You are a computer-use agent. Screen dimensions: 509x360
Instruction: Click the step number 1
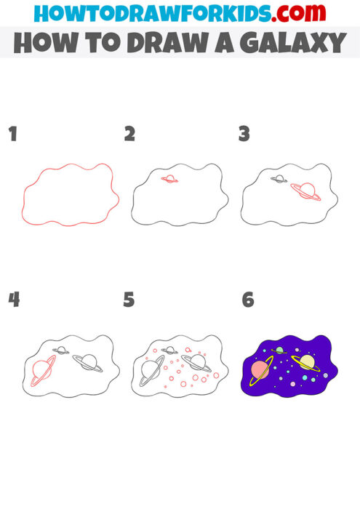(x=12, y=134)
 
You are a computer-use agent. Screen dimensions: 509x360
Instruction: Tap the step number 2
(x=129, y=134)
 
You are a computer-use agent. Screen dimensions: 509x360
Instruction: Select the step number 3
(x=244, y=134)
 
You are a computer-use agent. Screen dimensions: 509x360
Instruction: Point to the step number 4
(x=12, y=299)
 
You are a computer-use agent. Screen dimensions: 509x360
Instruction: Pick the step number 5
(x=129, y=299)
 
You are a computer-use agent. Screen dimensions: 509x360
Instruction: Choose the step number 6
(x=248, y=299)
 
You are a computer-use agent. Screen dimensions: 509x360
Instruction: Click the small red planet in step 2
(x=169, y=179)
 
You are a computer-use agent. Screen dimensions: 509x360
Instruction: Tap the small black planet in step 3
(x=279, y=179)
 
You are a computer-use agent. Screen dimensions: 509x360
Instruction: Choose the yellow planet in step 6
(x=306, y=361)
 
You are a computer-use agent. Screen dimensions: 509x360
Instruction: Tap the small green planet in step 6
(x=279, y=350)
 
